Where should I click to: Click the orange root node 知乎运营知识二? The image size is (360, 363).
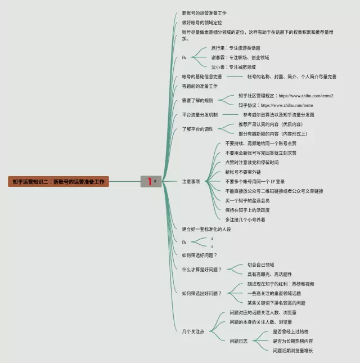(58, 182)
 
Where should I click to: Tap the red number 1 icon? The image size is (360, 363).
(149, 181)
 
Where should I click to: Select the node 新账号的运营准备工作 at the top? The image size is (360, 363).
(204, 13)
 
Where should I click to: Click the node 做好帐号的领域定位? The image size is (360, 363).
(201, 23)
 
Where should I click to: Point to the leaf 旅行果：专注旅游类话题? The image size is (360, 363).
(236, 48)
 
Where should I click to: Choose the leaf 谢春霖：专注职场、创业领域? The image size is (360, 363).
(240, 57)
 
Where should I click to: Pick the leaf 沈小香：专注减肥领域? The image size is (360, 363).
(233, 67)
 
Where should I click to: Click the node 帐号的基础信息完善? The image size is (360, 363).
(202, 77)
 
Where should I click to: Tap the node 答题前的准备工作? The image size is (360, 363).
(200, 86)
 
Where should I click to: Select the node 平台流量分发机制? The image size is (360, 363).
(200, 114)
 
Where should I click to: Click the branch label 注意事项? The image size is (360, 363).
(191, 182)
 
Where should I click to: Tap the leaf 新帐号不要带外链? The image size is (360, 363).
(243, 172)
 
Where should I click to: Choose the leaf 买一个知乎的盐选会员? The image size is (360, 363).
(247, 200)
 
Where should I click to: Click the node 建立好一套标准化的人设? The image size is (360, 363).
(206, 229)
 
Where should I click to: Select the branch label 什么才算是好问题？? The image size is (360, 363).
(202, 270)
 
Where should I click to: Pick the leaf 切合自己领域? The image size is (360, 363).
(261, 265)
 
